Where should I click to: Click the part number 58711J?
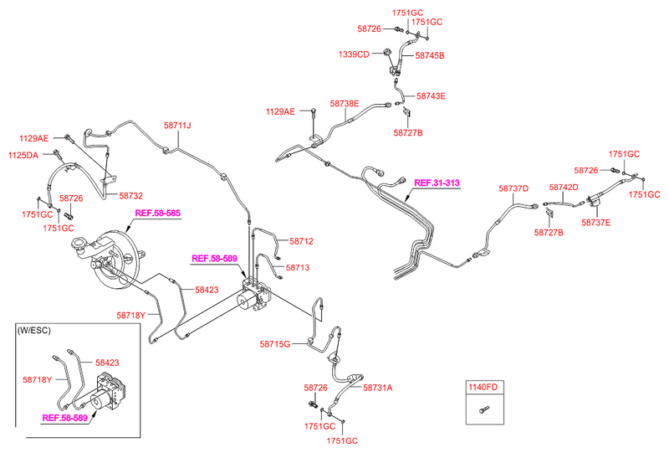pos(177,126)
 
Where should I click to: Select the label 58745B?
pos(430,55)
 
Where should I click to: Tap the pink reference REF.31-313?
pos(437,183)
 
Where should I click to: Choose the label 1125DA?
pos(23,155)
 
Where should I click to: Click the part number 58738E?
pos(344,104)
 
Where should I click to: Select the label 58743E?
pos(431,95)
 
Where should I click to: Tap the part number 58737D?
pos(513,189)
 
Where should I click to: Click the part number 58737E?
pos(597,222)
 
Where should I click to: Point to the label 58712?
pos(301,241)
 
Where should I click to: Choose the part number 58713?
pos(298,268)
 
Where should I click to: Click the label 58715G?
pos(274,344)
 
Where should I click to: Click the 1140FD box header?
pos(482,387)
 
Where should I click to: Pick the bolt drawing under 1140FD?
pos(483,410)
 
